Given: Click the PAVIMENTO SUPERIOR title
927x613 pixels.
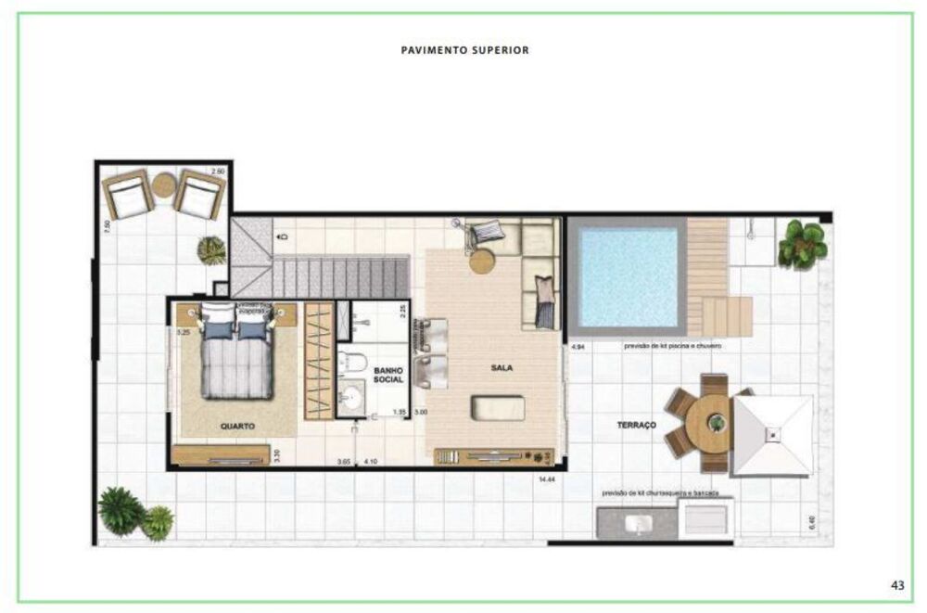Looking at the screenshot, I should click(464, 50).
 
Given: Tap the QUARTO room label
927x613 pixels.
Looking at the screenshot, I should click(238, 426).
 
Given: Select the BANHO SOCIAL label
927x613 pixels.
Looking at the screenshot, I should click(388, 375).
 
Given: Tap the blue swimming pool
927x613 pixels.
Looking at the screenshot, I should click(626, 275).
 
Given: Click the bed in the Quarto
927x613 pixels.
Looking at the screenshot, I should click(238, 357).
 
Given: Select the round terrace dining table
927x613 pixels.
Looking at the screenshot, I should click(716, 423).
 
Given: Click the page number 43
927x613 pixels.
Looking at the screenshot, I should click(896, 584).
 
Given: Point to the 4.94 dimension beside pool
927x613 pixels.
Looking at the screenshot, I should click(578, 346).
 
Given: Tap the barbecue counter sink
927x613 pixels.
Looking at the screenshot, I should click(638, 526).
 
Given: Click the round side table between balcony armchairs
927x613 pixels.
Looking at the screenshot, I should click(164, 185).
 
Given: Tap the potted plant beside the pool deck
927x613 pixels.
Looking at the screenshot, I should click(800, 244).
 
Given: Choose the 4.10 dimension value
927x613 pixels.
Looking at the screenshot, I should click(372, 461).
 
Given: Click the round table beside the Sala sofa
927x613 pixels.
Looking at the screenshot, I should click(483, 261).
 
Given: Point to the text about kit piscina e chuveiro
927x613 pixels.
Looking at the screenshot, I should click(672, 345).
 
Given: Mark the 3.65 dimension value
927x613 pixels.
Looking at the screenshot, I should click(344, 461).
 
